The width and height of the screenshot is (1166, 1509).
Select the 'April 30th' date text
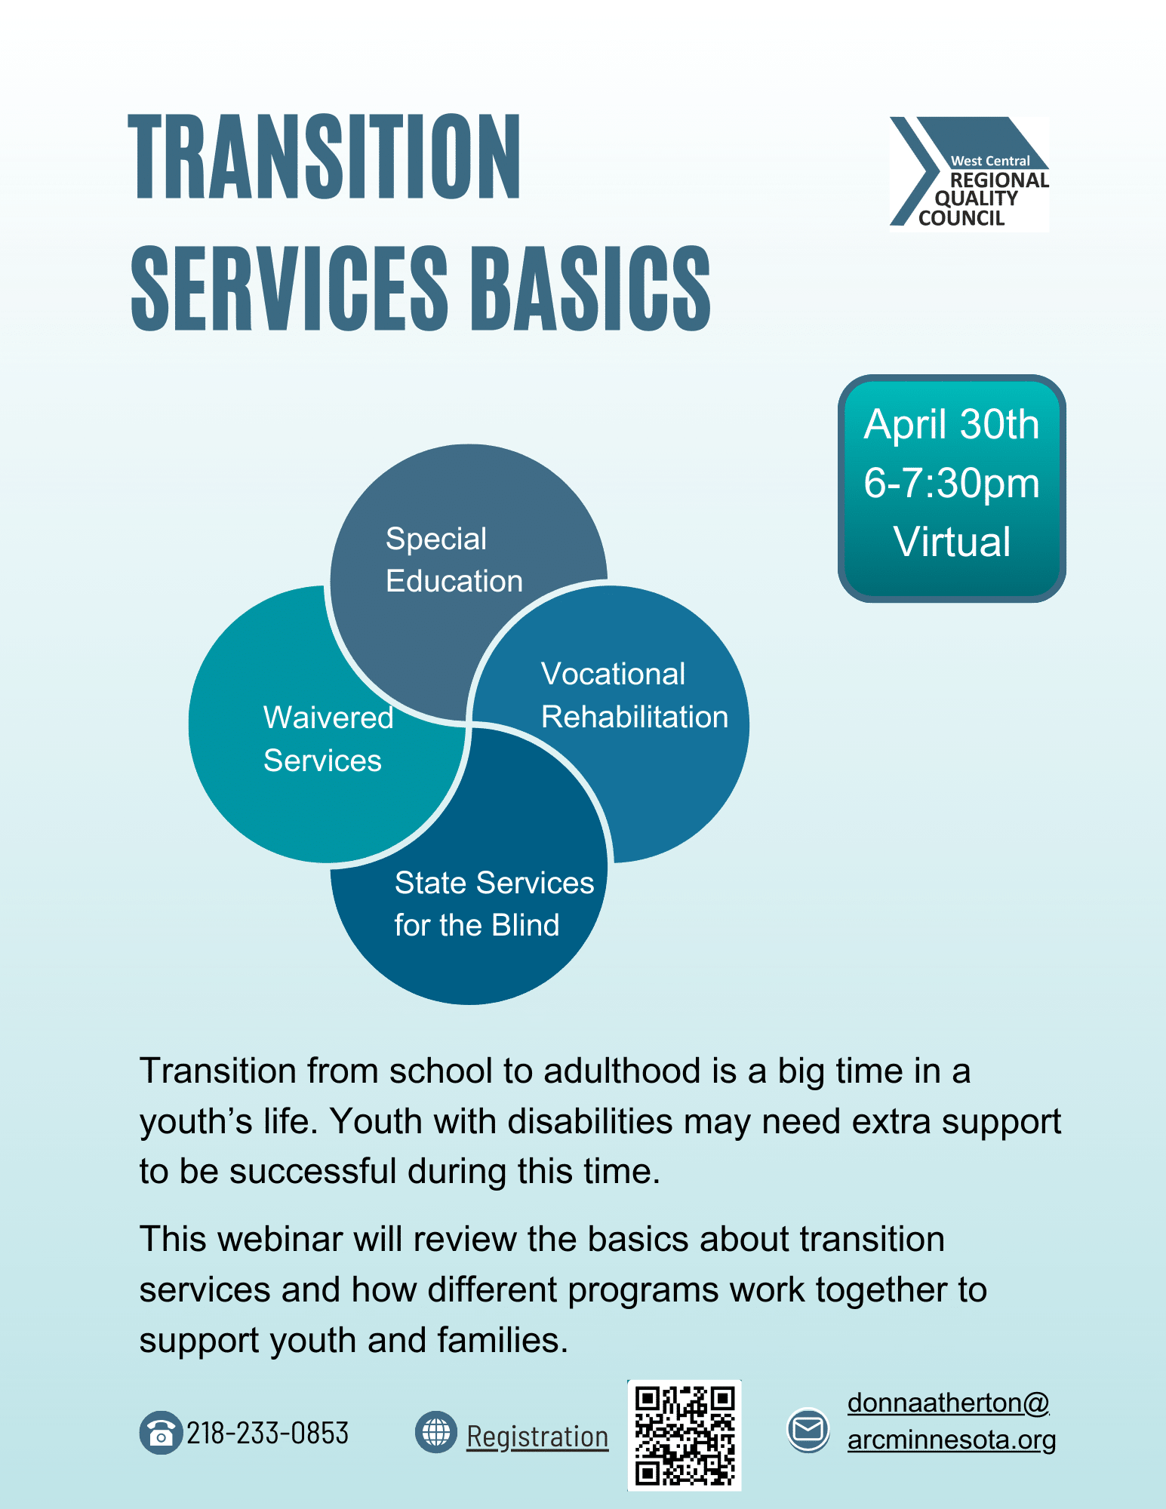coord(952,424)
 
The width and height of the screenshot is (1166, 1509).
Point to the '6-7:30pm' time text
coord(952,484)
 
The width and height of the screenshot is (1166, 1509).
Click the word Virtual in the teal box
coord(952,542)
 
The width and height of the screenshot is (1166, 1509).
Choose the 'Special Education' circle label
coord(454,560)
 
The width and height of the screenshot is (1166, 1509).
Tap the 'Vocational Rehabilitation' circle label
coord(635,696)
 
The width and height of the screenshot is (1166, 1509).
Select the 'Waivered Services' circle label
coord(328,739)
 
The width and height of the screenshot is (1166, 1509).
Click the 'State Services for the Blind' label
coord(494,904)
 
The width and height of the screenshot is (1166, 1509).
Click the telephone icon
coord(161,1432)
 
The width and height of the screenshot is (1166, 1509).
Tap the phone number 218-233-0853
coord(268,1433)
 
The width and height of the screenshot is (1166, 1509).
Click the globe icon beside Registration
coord(436,1432)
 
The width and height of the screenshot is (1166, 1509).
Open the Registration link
coord(537,1437)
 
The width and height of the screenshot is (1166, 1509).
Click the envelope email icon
coord(808,1429)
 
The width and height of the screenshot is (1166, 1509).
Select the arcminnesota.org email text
coord(952,1440)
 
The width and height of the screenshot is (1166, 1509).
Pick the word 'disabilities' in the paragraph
coord(589,1122)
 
